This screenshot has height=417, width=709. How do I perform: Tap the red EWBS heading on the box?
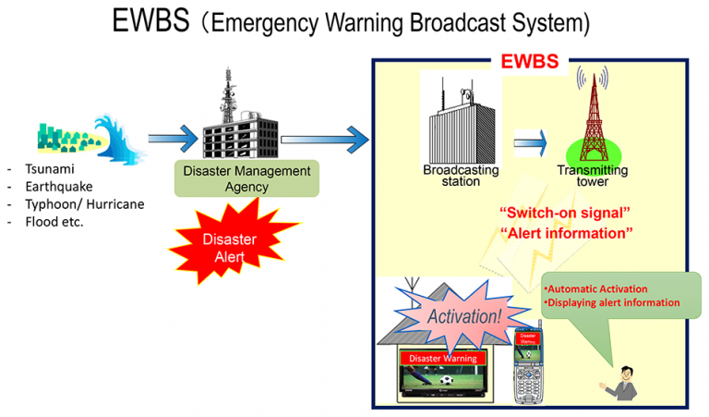(x=530, y=63)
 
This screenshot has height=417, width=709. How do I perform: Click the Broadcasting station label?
(x=461, y=176)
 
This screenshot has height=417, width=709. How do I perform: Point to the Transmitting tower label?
(x=593, y=176)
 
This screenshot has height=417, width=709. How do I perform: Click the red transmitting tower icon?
(x=592, y=116)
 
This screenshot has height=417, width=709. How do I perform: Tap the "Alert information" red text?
(x=565, y=233)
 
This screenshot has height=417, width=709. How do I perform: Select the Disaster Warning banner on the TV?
(x=442, y=358)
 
